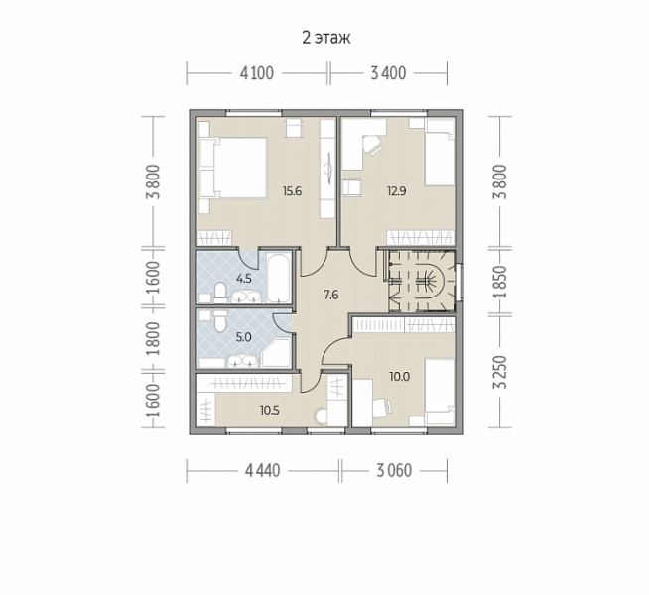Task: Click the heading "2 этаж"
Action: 326,38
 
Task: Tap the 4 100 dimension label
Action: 257,73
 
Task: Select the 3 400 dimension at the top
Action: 388,73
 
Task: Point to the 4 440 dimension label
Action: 262,470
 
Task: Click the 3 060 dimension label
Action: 394,470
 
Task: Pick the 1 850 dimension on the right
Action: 500,282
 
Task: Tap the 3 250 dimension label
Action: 500,372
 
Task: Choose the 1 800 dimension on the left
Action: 153,339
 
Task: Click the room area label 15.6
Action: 292,191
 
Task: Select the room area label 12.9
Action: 397,191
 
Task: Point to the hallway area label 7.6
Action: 330,295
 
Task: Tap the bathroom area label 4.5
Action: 244,279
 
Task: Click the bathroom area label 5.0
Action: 243,337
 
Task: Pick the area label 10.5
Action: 270,411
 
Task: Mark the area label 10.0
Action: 399,376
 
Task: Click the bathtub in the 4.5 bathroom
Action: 278,278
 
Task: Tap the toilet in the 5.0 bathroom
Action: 219,321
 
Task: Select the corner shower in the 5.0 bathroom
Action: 277,353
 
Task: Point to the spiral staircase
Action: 422,282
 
